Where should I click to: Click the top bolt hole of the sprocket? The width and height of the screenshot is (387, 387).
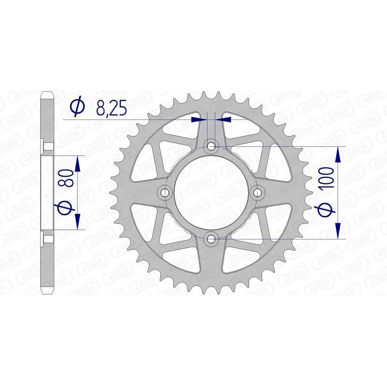[x=211, y=146]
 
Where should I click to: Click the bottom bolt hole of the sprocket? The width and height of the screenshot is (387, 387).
[x=211, y=238]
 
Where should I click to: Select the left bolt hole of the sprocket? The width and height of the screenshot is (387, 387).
[x=165, y=193]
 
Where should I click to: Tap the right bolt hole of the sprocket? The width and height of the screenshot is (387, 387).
[x=257, y=193]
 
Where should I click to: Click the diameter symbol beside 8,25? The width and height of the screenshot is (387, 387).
[x=77, y=107]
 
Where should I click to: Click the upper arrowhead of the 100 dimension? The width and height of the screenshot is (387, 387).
[x=338, y=154]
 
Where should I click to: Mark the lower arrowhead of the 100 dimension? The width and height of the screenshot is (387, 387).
[x=338, y=230]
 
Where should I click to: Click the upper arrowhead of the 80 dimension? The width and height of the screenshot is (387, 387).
[x=77, y=163]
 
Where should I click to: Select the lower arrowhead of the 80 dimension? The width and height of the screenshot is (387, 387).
[x=77, y=222]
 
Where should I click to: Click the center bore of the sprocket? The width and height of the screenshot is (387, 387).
[x=211, y=193]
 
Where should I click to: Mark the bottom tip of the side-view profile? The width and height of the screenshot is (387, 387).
[x=47, y=293]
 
